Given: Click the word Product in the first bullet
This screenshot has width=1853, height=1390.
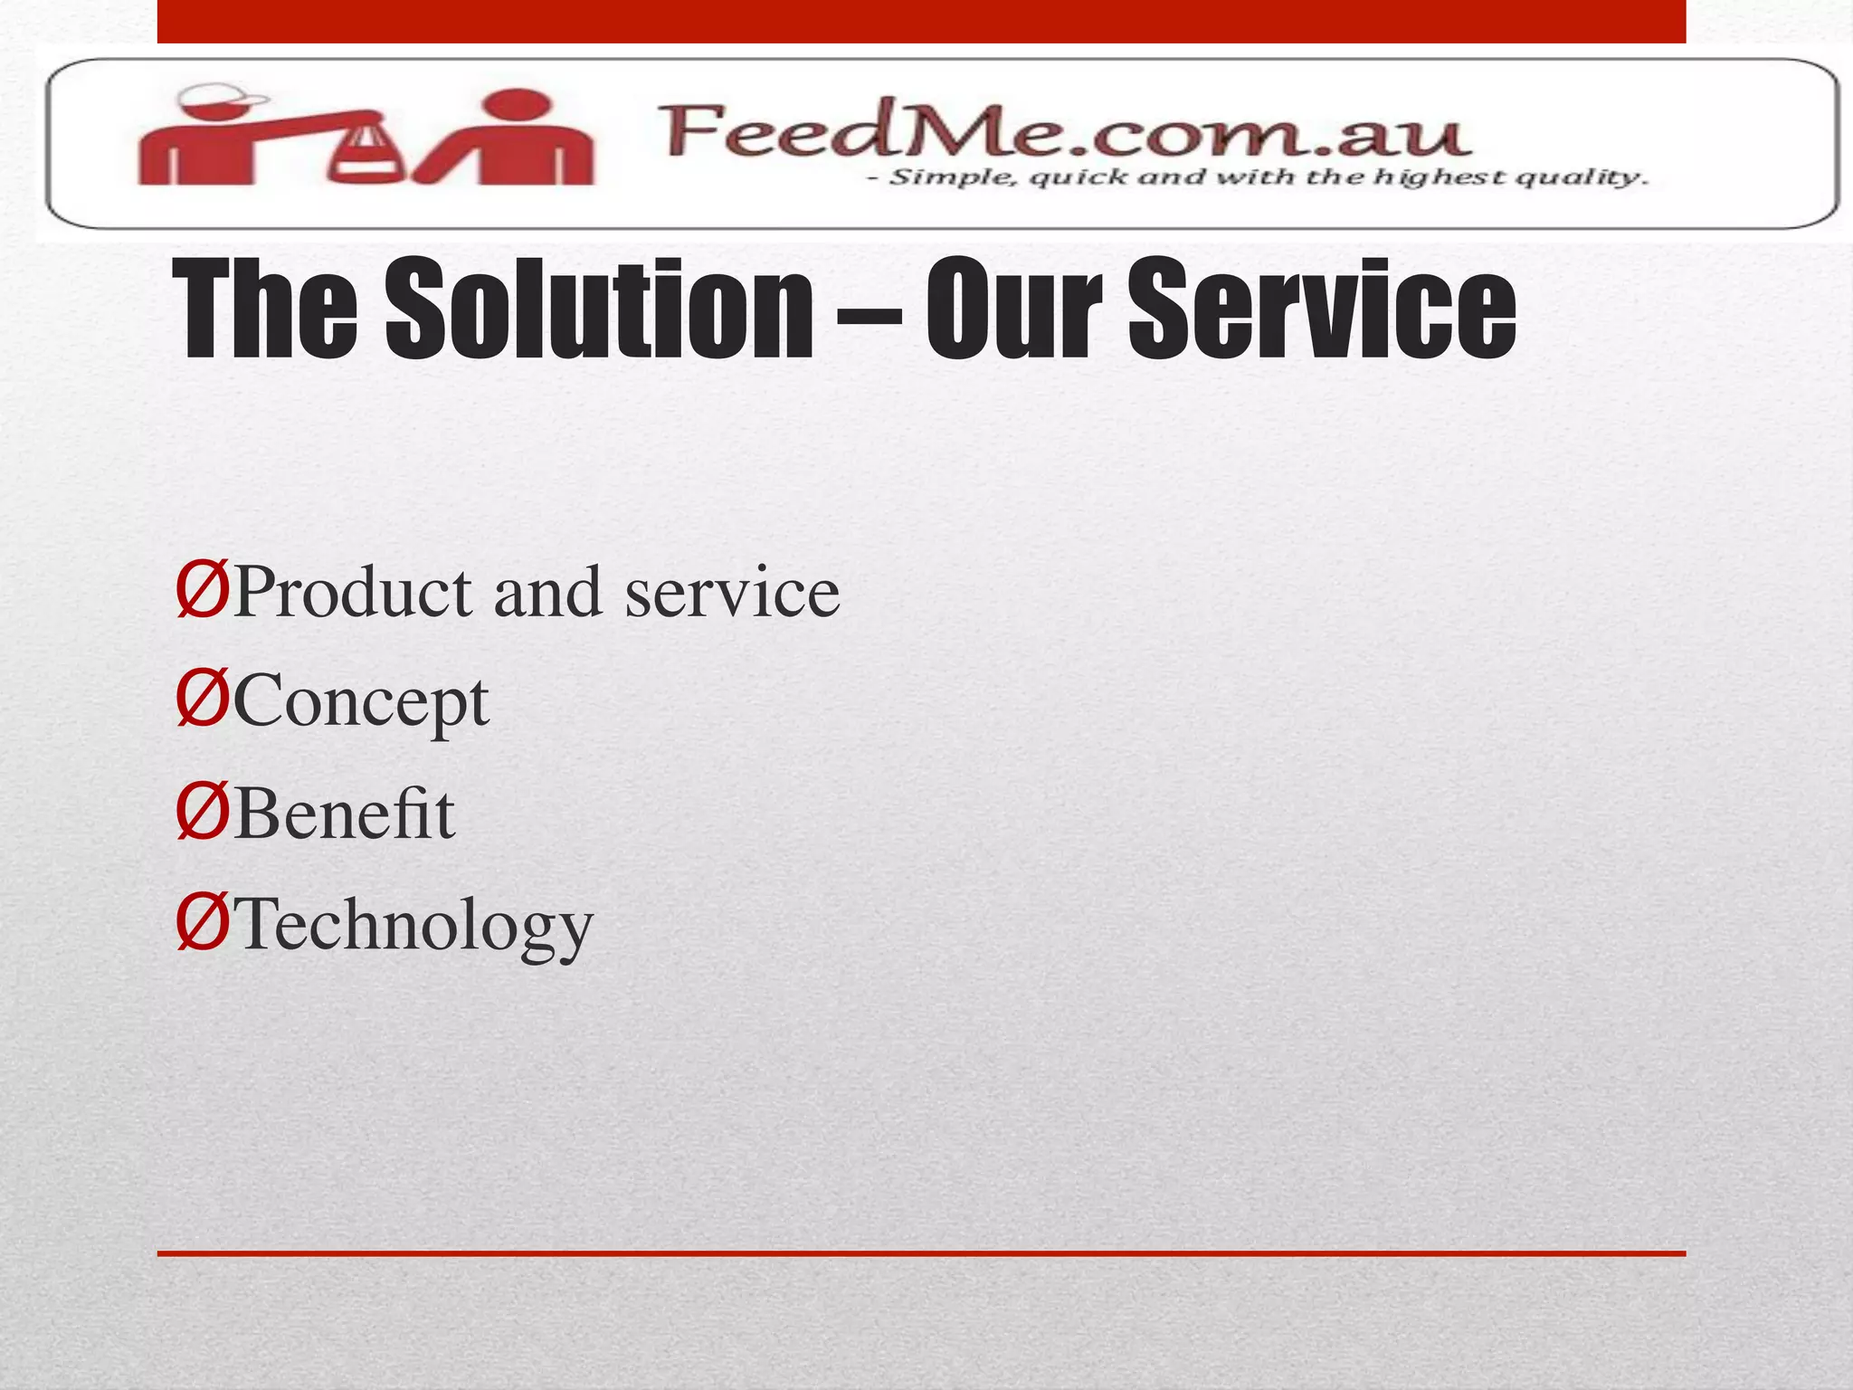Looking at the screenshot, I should pos(354,593).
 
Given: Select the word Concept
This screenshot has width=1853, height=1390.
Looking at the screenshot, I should pos(361,704).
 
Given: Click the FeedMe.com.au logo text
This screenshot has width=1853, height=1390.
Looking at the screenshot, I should pos(1063,133).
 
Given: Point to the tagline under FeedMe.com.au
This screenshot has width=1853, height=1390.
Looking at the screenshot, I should pos(1258,177).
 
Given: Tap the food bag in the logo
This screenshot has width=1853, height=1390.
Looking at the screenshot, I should pos(367,154).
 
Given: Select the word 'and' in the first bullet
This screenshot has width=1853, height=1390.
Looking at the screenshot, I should pos(547,593).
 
